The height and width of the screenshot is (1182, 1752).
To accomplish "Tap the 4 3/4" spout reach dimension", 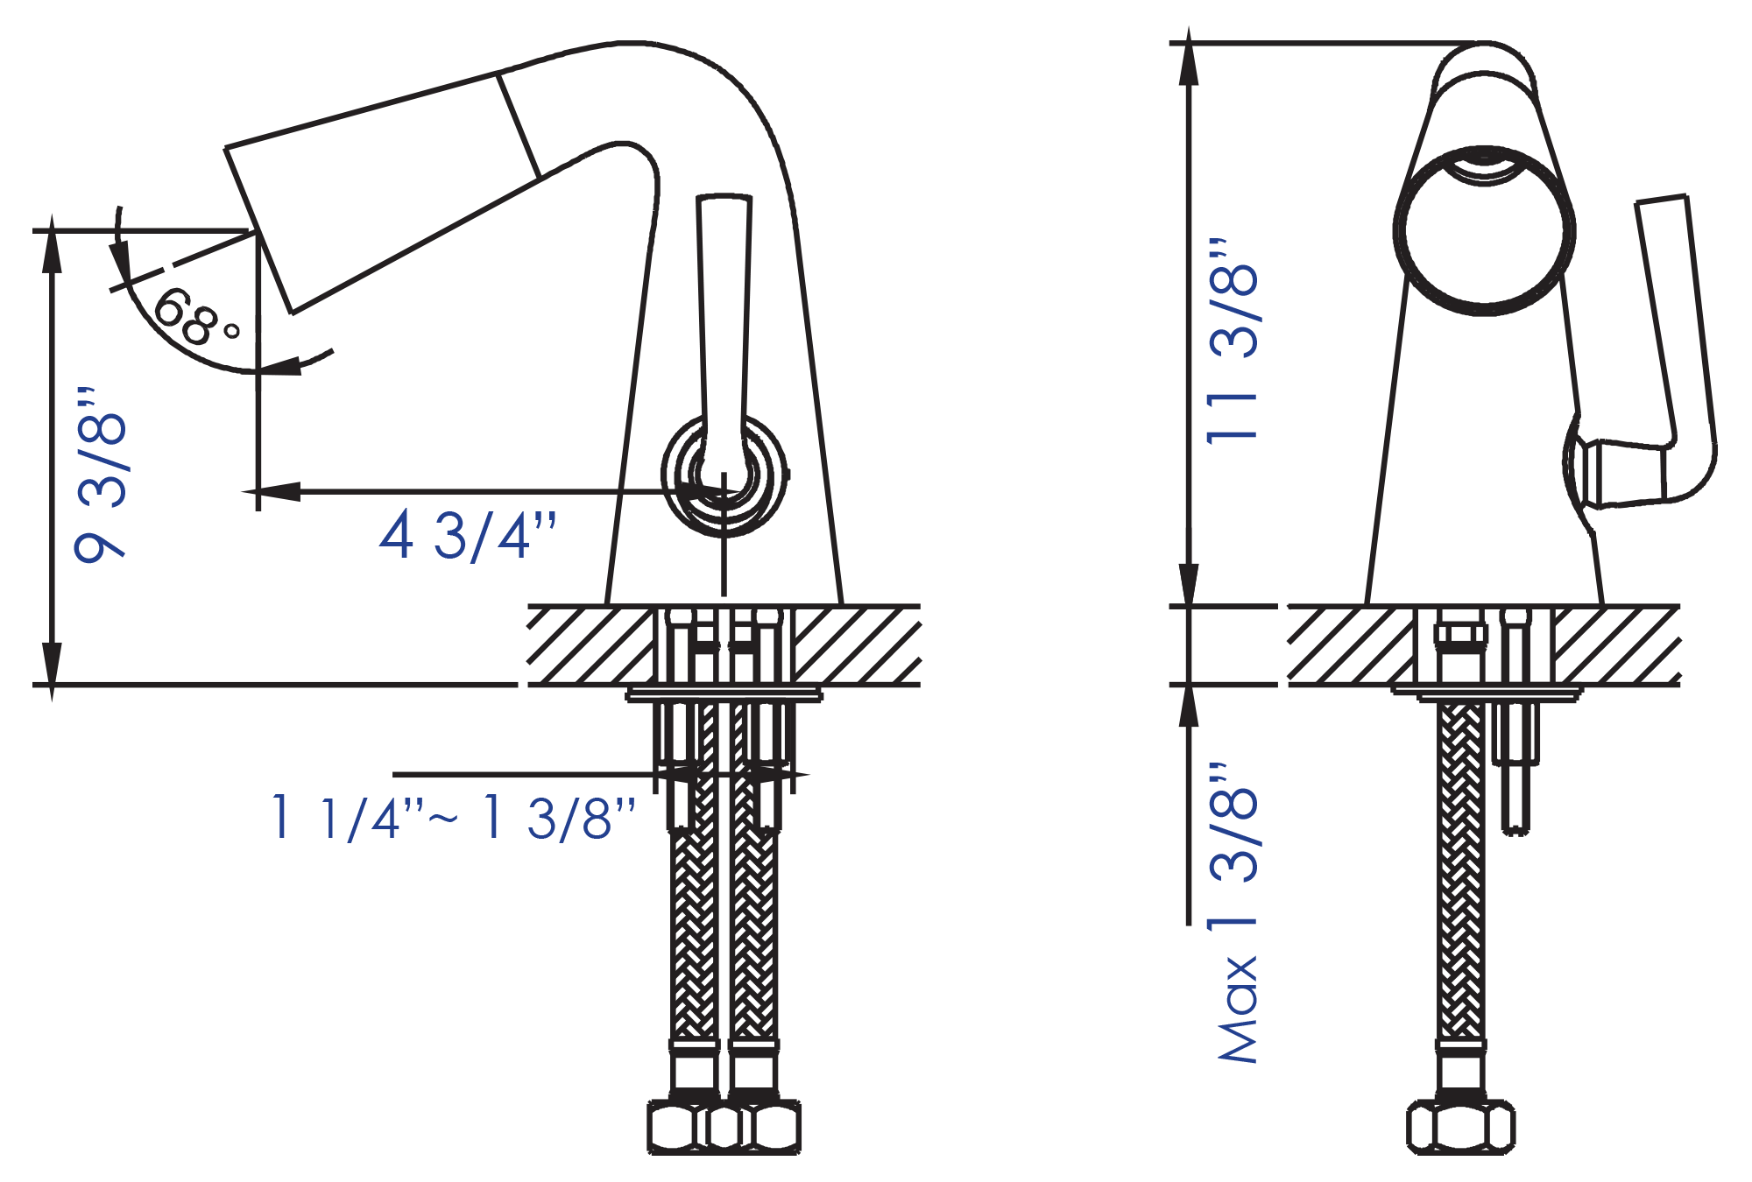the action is [468, 535].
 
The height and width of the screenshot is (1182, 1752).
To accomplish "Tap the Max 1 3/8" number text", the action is [1233, 845].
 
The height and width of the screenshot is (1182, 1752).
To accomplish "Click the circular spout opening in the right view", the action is [1484, 230].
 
